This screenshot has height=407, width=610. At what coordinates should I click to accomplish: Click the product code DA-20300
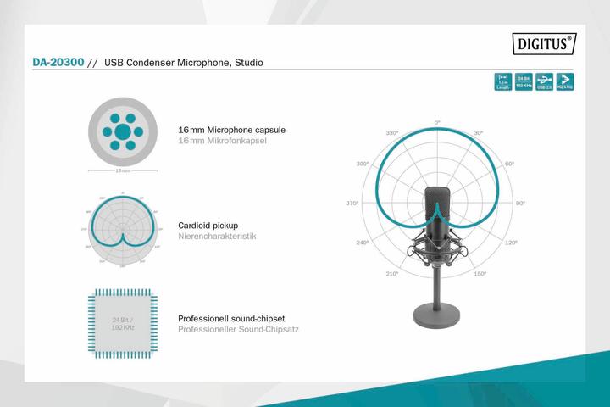(58, 63)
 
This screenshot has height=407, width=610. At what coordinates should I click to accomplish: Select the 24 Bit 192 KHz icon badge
(524, 81)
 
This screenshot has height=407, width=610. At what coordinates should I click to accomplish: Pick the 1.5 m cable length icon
(504, 81)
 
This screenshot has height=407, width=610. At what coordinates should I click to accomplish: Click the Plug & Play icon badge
(564, 81)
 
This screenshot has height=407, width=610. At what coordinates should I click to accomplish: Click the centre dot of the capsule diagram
(123, 131)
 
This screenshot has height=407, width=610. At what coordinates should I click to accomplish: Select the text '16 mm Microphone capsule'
(231, 130)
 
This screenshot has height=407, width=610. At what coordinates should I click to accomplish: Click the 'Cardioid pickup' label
(208, 226)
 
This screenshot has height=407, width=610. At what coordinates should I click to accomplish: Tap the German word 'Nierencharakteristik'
(217, 237)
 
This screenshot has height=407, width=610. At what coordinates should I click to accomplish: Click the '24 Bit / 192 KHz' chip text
(122, 323)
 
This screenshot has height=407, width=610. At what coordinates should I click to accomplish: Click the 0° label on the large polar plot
(437, 123)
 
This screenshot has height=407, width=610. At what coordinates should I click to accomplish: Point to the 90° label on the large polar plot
(520, 203)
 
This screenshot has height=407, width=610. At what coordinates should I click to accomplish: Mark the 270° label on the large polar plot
(353, 203)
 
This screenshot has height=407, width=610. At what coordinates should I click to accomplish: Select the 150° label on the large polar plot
(480, 274)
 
